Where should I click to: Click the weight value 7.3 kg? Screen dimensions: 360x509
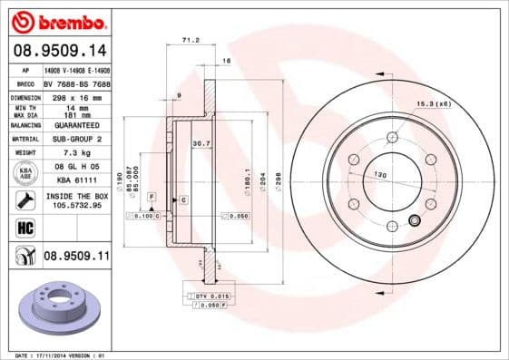75,153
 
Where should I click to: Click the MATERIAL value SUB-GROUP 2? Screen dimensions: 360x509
76,139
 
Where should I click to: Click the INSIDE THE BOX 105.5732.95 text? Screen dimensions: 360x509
76,199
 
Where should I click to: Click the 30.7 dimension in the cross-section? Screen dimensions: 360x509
201,142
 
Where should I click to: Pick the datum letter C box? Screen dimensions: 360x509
183,199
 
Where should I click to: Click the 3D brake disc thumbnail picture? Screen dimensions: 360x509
56,309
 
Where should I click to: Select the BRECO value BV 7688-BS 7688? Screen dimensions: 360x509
76,82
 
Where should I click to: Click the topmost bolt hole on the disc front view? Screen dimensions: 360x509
392,137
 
